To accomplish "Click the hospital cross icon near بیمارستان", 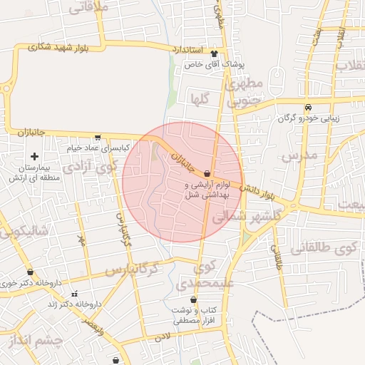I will (x=34, y=156).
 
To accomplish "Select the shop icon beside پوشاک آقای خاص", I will (x=214, y=54).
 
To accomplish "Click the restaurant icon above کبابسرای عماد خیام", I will (x=97, y=138).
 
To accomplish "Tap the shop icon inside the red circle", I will (x=207, y=173).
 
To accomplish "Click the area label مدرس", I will (x=298, y=155).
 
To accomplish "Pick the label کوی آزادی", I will (x=89, y=168).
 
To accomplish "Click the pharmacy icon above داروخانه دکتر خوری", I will (x=30, y=272).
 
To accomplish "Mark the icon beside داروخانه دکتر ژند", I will (x=74, y=294).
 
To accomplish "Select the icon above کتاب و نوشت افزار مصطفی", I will (x=193, y=300).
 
